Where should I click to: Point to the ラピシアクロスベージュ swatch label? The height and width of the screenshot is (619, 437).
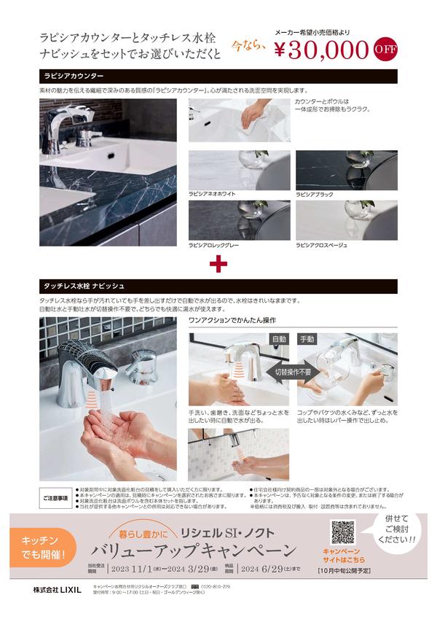tap(323, 246)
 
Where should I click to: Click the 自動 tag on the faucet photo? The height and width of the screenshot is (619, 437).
tap(279, 339)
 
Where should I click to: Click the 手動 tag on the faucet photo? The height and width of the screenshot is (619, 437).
tap(307, 339)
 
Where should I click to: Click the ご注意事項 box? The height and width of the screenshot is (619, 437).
tap(55, 499)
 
